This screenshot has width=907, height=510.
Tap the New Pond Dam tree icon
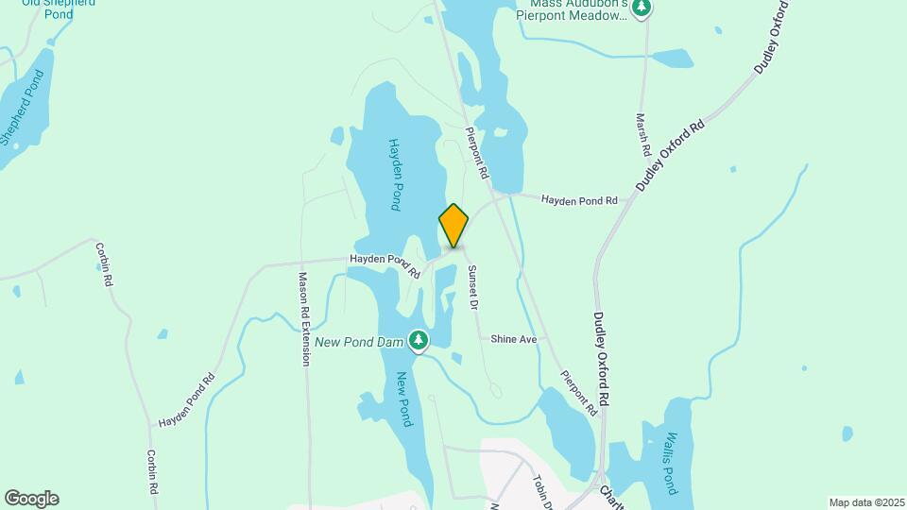click(419, 340)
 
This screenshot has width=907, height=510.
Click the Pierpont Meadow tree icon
click(642, 8)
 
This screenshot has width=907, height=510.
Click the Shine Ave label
click(513, 338)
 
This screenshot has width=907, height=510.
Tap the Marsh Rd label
click(642, 135)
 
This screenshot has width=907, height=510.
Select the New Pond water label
click(404, 399)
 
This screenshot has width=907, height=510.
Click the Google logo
click(31, 499)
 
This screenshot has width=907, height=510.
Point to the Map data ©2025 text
click(865, 502)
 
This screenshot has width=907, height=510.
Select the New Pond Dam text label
click(360, 341)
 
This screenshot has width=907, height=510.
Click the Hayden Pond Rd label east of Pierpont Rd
click(578, 200)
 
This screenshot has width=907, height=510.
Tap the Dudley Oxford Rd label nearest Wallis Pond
click(602, 359)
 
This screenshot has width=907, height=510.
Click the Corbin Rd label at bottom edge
click(151, 472)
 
